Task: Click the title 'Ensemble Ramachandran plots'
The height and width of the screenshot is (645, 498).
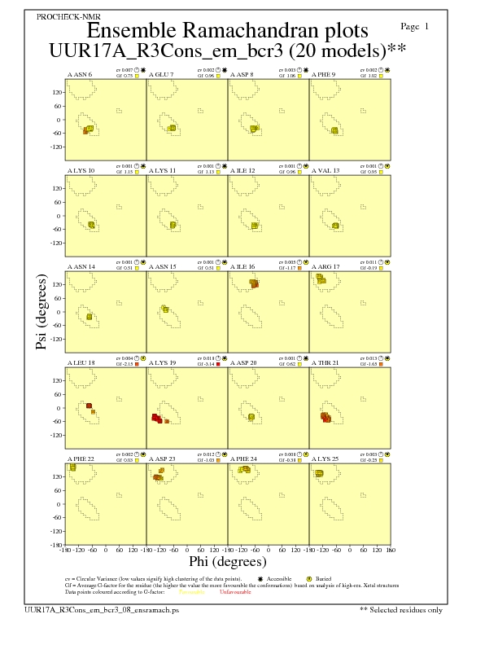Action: (x=227, y=31)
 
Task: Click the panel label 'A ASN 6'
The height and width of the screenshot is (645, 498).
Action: (x=79, y=74)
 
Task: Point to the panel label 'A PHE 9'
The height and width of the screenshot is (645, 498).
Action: (x=325, y=74)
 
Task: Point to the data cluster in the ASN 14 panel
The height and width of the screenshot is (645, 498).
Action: (x=89, y=316)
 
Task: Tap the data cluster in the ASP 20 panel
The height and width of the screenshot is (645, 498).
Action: (x=251, y=417)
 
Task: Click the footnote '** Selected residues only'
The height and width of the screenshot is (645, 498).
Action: (x=401, y=609)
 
